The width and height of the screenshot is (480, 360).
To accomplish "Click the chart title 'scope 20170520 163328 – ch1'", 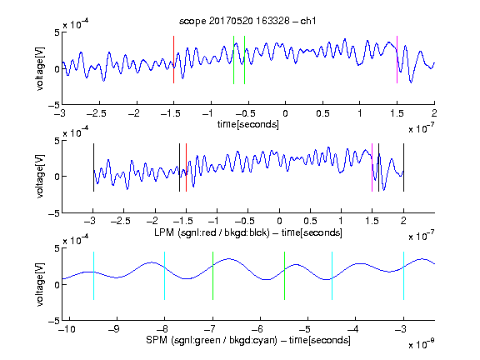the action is point(247,21).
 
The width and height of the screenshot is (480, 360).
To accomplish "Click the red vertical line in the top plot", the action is point(173,59).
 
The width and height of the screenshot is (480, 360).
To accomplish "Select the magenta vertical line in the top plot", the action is point(397,59).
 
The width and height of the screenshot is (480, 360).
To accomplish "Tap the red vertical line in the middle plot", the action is point(186,167).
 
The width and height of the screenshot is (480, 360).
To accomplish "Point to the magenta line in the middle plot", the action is point(372,167).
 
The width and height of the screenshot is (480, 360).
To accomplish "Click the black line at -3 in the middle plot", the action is point(93,167).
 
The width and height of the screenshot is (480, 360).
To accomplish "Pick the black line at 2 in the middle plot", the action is point(403,167).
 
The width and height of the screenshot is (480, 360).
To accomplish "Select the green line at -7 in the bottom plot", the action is point(212,276).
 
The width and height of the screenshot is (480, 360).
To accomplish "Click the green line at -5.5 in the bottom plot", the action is point(284,276).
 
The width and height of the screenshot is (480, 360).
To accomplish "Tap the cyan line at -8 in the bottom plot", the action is point(164,276).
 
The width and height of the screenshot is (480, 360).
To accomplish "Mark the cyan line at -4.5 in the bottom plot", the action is point(332,276).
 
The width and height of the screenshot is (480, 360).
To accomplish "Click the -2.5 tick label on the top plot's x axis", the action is point(97,113).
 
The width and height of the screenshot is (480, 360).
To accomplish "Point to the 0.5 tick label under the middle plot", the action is point(310,221).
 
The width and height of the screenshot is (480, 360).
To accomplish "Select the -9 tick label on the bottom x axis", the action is point(114,329).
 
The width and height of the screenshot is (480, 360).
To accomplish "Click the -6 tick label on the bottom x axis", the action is point(257,329).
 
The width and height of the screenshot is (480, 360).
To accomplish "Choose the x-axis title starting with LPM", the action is point(248,232).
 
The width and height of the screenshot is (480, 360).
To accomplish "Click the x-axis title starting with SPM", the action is point(248,340).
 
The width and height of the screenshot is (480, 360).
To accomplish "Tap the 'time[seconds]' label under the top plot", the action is point(248,124).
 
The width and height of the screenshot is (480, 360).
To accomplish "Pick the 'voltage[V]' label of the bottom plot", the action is point(40,284).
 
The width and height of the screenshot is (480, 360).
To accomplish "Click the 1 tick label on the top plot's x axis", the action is point(360,113).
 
